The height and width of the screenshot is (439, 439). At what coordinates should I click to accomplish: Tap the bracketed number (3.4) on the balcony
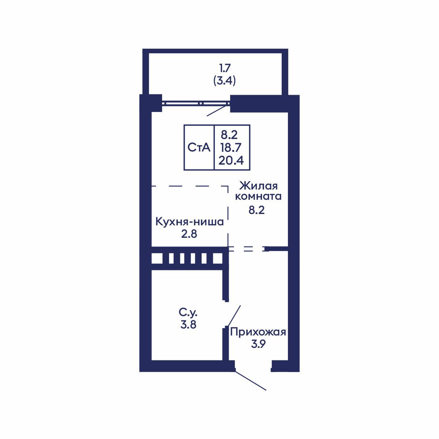coord(224,80)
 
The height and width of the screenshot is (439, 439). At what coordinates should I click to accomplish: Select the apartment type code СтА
coord(199,147)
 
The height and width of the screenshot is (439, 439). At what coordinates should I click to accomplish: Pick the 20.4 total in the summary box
coord(231,160)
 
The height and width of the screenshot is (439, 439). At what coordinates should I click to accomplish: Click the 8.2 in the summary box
coord(229,135)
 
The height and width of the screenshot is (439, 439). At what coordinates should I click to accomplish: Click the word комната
coord(258,196)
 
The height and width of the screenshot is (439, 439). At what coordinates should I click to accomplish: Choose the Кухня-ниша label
coord(190,222)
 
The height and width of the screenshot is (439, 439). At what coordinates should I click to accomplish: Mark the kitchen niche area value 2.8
coord(189,234)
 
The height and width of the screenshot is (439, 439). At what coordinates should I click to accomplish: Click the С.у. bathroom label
coord(188,313)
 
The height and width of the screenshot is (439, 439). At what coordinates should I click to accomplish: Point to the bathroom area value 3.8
coord(188,324)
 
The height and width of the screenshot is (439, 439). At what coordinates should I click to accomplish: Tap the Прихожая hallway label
coord(258,332)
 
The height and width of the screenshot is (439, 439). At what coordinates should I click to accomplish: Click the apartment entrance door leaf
coord(251,381)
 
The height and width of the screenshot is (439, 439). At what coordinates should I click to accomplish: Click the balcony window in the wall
coord(196,104)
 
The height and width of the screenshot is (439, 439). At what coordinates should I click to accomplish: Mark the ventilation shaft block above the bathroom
coord(188,258)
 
